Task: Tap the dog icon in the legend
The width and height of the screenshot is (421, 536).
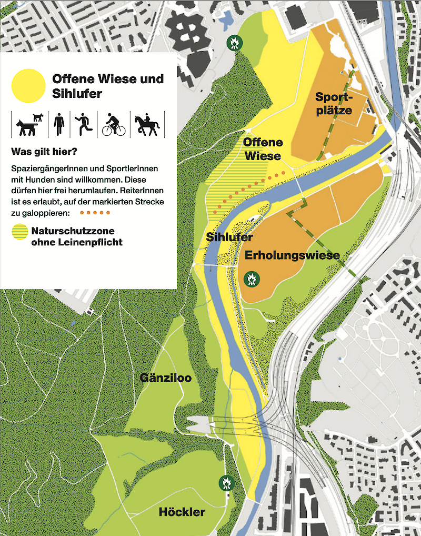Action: tap(28, 124)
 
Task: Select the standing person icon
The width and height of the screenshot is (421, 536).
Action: tap(59, 124)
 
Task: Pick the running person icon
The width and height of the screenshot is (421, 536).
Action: tap(84, 124)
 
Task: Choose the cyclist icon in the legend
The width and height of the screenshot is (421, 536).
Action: tap(114, 124)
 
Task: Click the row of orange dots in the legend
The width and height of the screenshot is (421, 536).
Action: tap(95, 213)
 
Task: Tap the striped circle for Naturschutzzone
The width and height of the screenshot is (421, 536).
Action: tap(19, 232)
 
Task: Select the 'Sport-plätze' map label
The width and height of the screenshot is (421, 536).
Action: tap(333, 103)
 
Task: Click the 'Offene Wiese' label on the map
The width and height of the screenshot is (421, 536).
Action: tap(263, 149)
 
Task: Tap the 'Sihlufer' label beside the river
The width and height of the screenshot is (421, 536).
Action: tap(230, 237)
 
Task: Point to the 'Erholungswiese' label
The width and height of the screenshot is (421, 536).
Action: tap(292, 255)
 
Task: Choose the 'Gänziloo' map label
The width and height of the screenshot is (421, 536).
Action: tap(165, 378)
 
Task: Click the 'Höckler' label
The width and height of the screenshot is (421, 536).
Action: tap(182, 512)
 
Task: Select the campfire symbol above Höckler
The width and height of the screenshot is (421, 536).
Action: tap(226, 482)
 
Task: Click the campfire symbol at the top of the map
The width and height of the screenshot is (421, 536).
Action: tap(233, 43)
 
